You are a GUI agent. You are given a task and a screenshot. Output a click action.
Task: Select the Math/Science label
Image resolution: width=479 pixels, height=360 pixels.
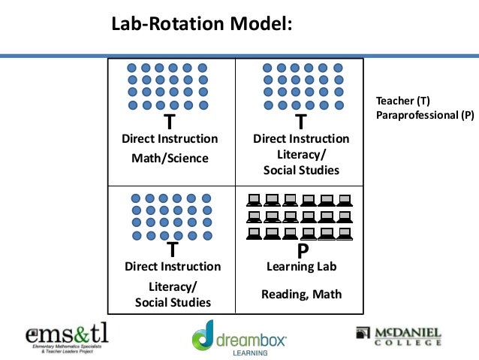pos(170,158)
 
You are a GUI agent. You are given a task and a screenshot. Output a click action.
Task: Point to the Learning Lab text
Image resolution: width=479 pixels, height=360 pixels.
pos(302,267)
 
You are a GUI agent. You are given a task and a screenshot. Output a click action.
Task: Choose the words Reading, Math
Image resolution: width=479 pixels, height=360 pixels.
pos(301,294)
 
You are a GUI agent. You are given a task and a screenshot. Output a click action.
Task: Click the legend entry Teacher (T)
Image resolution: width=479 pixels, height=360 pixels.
pos(402,101)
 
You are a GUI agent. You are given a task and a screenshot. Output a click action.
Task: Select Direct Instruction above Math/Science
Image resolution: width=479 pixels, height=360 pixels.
pos(170,139)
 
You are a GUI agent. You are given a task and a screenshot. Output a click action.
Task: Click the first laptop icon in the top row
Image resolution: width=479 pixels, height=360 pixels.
pos(255,200)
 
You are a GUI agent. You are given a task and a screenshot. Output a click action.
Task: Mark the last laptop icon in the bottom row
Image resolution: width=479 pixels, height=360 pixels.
pos(345,234)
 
